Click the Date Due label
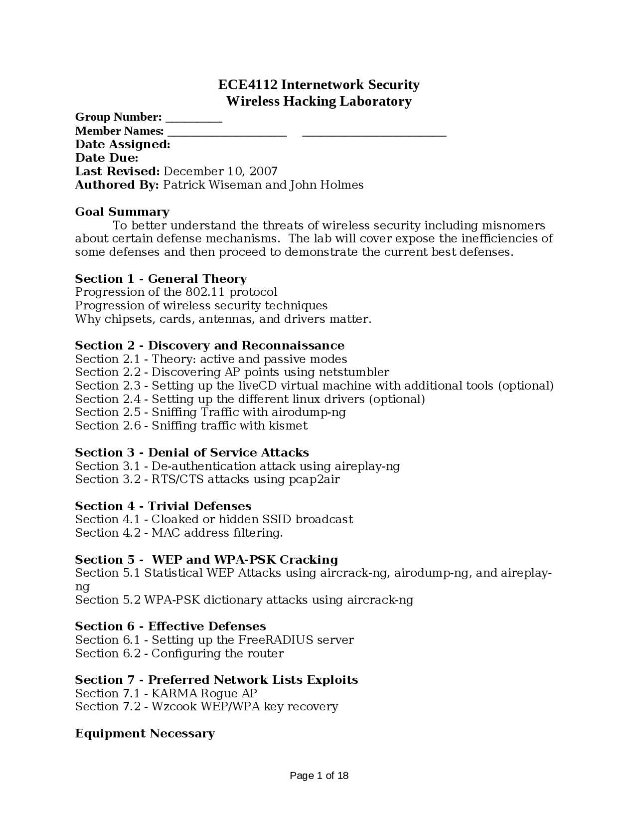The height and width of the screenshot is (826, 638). [x=106, y=158]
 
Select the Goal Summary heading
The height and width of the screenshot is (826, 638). [x=122, y=212]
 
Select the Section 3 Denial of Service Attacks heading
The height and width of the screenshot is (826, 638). [x=192, y=452]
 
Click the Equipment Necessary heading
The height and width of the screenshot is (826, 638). [x=145, y=733]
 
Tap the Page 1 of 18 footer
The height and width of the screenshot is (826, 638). [x=319, y=776]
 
